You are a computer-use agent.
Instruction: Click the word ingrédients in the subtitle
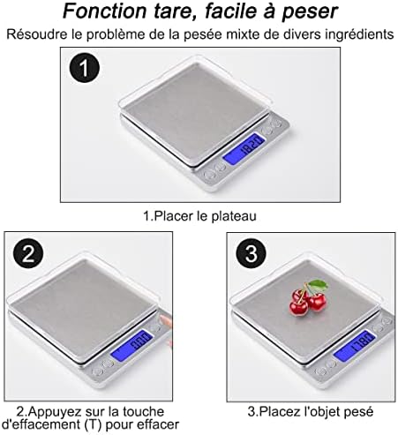coord(357,35)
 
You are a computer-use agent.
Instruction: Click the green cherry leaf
coord(319,287)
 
